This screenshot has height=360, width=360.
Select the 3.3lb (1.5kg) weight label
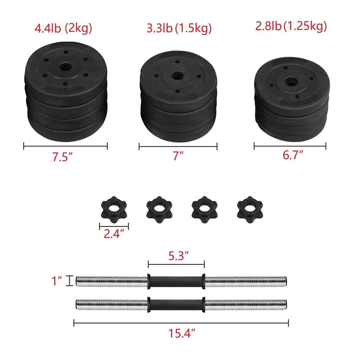[179, 28]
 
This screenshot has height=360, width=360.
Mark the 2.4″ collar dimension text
[114, 235]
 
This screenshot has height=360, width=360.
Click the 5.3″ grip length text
[176, 257]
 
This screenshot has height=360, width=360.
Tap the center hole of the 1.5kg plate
[177, 76]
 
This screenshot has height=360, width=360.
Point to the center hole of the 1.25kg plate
[290, 81]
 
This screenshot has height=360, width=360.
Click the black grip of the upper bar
[176, 281]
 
